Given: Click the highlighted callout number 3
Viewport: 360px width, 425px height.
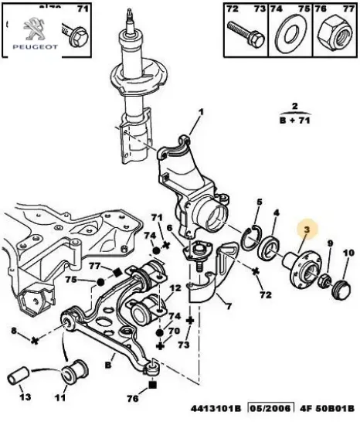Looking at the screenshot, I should (x=307, y=229).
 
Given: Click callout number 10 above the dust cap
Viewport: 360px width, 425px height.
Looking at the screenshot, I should (x=348, y=253).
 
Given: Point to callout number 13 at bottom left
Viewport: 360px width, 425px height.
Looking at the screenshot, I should (x=25, y=398).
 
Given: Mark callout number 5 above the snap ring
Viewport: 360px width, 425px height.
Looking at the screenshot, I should (x=258, y=202).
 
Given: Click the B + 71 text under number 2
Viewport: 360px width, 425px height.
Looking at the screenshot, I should (x=295, y=121).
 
